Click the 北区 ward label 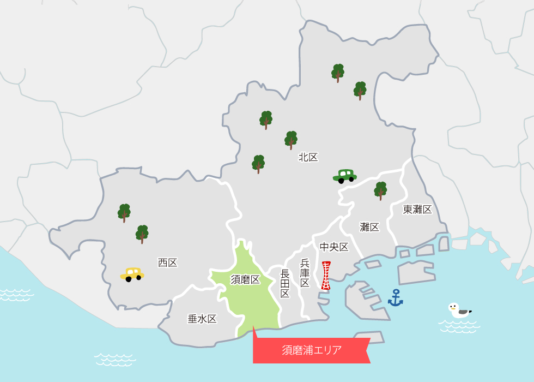308,158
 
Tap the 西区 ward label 168,263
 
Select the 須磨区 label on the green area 245,280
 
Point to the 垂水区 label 202,319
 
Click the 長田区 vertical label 285,284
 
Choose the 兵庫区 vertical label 305,273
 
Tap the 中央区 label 334,247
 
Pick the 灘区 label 369,228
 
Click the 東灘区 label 417,210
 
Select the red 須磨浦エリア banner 312,350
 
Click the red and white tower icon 326,276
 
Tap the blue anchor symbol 395,298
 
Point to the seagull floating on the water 459,311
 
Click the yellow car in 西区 132,274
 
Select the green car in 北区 344,176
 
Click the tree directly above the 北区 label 291,140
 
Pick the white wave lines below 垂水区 114,359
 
